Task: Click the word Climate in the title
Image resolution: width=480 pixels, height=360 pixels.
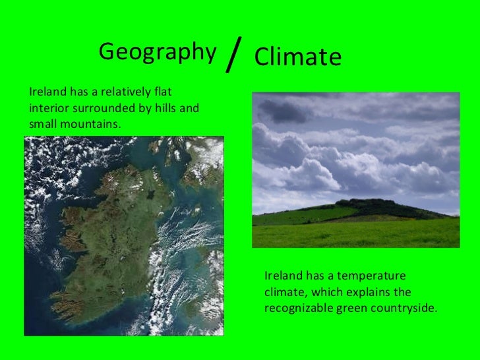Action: (297, 58)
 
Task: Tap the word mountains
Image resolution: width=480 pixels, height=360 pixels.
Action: (90, 123)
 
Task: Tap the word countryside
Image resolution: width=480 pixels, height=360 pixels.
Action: (406, 308)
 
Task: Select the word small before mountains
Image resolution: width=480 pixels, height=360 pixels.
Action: (43, 123)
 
